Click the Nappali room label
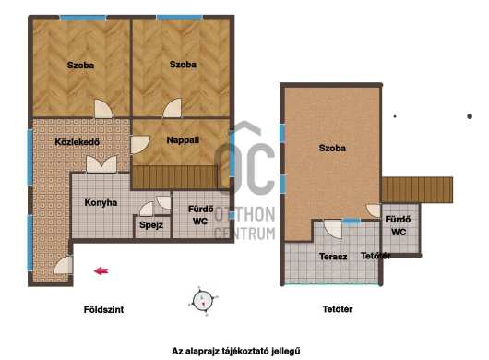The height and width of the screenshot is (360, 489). pyautogui.click(x=183, y=140)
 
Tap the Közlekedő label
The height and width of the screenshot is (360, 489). pyautogui.click(x=77, y=142)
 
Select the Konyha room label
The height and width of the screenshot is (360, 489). pyautogui.click(x=101, y=203)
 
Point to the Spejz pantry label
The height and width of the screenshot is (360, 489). pyautogui.click(x=151, y=225)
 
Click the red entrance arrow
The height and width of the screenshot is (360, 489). pyautogui.click(x=101, y=270)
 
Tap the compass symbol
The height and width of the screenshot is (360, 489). pyautogui.click(x=203, y=301)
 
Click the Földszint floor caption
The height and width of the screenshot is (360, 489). pyautogui.click(x=103, y=309)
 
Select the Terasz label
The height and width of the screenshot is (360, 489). pyautogui.click(x=333, y=257)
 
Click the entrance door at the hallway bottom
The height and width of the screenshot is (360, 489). pyautogui.click(x=64, y=265)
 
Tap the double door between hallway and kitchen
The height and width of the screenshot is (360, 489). pyautogui.click(x=101, y=164)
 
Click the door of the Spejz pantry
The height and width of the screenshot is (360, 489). pyautogui.click(x=147, y=209)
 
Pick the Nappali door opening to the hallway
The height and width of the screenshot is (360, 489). pyautogui.click(x=139, y=145)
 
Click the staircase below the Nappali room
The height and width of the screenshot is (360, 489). pyautogui.click(x=174, y=177)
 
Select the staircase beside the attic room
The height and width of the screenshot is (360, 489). pyautogui.click(x=417, y=189)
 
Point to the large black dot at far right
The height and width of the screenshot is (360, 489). pyautogui.click(x=470, y=116)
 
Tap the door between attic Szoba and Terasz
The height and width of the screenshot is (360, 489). pyautogui.click(x=333, y=229)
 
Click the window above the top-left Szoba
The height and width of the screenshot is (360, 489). pyautogui.click(x=83, y=18)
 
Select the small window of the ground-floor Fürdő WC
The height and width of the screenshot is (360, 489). pyautogui.click(x=232, y=215)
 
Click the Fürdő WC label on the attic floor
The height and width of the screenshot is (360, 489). pyautogui.click(x=399, y=226)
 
